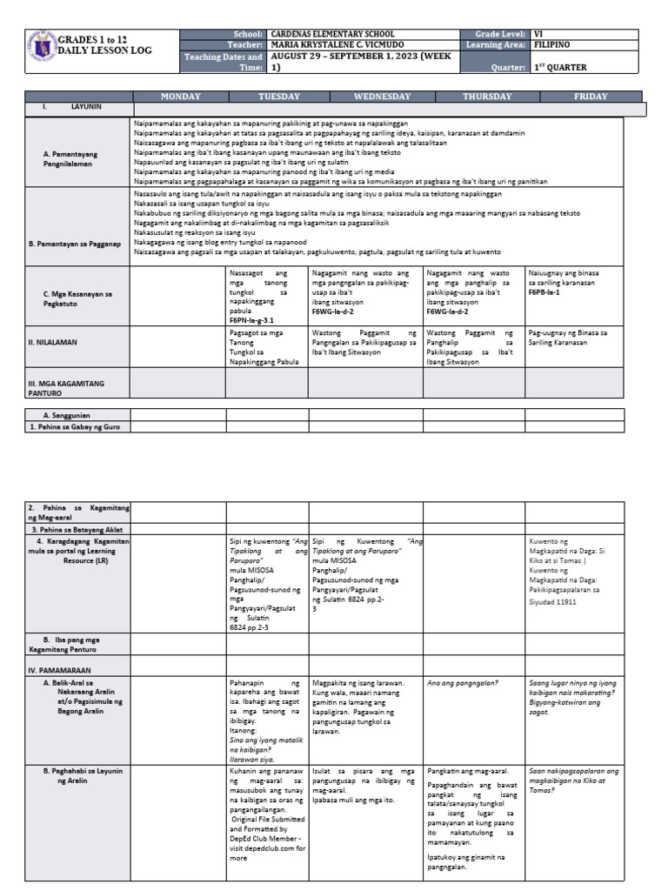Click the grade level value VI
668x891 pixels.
539,33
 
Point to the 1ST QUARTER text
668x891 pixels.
560,67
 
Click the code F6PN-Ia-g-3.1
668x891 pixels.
257,321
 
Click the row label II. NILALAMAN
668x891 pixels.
53,343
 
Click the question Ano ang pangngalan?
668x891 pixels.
462,684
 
